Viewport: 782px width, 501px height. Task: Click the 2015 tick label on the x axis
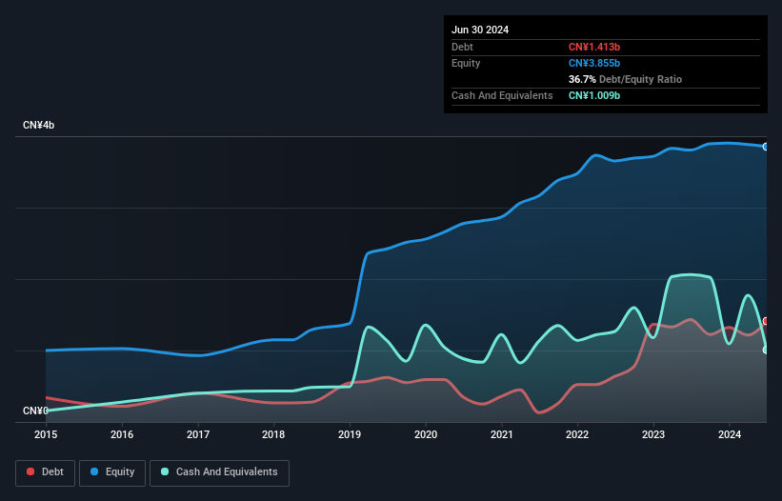point(46,434)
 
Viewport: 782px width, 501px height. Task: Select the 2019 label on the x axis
point(350,434)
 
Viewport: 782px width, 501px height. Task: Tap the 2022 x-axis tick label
point(577,434)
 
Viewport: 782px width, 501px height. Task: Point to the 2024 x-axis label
point(729,434)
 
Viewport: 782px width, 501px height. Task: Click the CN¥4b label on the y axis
point(39,126)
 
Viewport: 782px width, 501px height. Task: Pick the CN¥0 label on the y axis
point(35,411)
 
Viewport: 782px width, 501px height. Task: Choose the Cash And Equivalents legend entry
point(219,471)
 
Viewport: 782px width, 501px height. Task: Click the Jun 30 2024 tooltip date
point(480,30)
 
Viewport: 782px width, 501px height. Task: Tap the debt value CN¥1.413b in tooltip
point(594,47)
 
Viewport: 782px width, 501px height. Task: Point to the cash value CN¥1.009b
point(594,95)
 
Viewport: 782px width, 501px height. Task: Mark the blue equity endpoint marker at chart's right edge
point(766,147)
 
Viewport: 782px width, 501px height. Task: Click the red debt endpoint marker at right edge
point(766,321)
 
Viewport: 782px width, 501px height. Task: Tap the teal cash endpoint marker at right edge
point(766,350)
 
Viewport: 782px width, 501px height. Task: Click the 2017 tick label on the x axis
point(198,434)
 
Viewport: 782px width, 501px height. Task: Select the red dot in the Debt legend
point(31,471)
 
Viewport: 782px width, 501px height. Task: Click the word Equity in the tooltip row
point(465,63)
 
